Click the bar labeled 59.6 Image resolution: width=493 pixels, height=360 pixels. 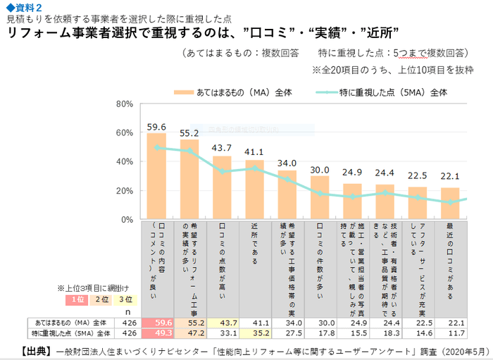pos(156,176)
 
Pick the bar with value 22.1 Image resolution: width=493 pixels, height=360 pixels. pos(450,204)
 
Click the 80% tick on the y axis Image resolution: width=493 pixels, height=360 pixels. pos(124,104)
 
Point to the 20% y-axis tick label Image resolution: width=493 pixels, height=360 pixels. pos(124,191)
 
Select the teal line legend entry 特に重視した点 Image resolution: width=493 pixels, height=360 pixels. pos(392,92)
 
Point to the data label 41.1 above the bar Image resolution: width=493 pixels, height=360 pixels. pos(254,151)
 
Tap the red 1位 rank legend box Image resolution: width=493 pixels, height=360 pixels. pos(78,299)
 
